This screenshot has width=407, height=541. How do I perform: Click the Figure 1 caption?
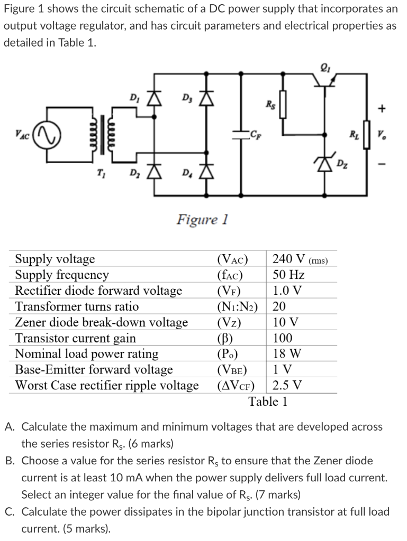pos(203,219)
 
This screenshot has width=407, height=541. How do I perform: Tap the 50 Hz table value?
pos(288,275)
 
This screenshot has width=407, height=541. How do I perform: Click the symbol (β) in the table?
pos(227,338)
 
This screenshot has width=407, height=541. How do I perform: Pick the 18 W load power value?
pos(287,354)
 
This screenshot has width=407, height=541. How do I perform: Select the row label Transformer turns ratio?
pos(77,306)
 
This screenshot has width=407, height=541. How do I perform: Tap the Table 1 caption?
pos(268,402)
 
